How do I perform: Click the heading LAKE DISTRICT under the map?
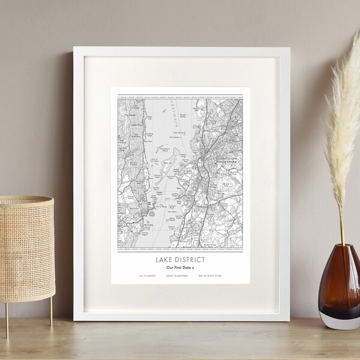[x=178, y=259]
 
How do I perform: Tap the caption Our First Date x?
[x=178, y=267]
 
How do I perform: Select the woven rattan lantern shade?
[x=26, y=250]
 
